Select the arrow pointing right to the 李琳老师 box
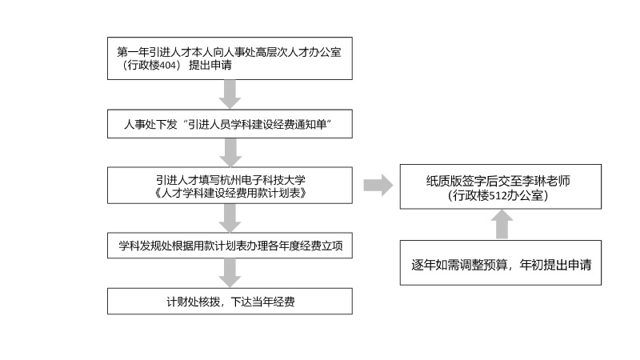(378, 186)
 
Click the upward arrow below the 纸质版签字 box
(502, 224)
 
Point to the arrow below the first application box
(230, 94)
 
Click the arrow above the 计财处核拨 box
(230, 273)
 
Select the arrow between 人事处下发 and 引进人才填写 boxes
(230, 153)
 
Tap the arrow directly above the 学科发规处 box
(230, 218)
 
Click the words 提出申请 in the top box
(210, 66)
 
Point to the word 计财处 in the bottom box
(182, 302)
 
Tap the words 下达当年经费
(263, 302)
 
